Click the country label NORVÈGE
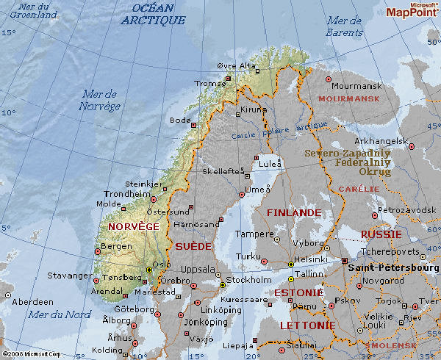(x=133, y=227)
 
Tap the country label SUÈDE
(x=193, y=246)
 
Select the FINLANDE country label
(x=293, y=212)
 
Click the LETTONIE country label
(x=307, y=325)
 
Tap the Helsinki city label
(x=310, y=259)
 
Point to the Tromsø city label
(x=209, y=83)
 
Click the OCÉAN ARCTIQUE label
(x=153, y=14)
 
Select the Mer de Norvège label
(x=99, y=100)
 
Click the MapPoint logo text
(x=412, y=12)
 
